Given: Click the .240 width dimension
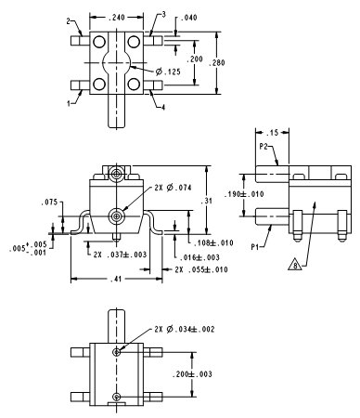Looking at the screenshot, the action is coord(117,17).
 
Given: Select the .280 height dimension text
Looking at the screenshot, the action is coord(217,63).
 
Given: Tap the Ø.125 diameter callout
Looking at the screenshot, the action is coord(168,72).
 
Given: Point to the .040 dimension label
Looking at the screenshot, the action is coord(188,18).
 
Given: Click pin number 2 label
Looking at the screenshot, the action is coord(69,21).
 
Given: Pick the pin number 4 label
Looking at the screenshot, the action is coord(163,107).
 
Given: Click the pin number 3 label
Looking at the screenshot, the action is coord(163,14).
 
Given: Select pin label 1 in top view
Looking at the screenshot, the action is coord(69,103).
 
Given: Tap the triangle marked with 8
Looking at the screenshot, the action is coord(295,265).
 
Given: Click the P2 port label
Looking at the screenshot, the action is coord(264,147).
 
